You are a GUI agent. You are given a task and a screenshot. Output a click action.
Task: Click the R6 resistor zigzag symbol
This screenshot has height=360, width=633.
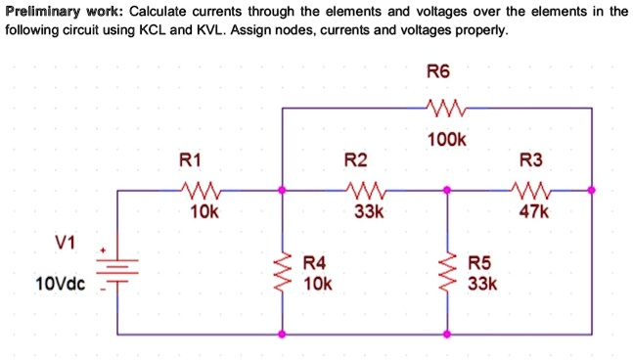pyautogui.click(x=446, y=108)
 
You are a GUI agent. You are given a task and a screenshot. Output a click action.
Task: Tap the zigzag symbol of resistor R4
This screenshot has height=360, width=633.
pyautogui.click(x=284, y=275)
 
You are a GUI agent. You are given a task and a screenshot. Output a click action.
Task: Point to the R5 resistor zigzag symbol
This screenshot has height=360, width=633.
pyautogui.click(x=448, y=275)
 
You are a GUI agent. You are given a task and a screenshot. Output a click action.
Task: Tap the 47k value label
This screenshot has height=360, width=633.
pyautogui.click(x=534, y=210)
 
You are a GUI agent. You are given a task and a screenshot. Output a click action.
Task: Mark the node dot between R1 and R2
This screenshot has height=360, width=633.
pyautogui.click(x=284, y=190)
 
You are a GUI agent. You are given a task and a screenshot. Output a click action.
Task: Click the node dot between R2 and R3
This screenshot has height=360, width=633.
pyautogui.click(x=448, y=190)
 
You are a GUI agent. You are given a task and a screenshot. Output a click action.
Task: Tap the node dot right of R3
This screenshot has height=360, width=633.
pyautogui.click(x=592, y=190)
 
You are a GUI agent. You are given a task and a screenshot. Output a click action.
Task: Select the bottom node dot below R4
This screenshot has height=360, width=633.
pyautogui.click(x=284, y=334)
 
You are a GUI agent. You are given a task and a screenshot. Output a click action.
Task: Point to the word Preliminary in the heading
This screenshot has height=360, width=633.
pyautogui.click(x=43, y=12)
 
